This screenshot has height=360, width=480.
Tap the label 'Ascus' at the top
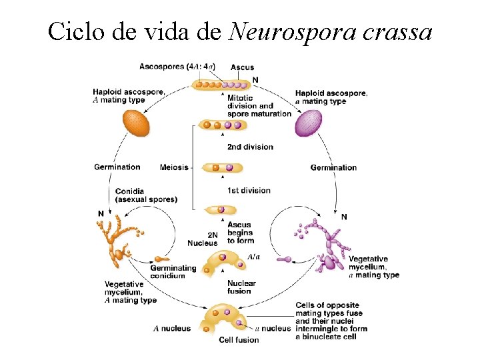click(x=242, y=67)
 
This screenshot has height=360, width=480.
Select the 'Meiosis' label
click(x=174, y=167)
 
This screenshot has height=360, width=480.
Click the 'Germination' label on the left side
click(x=117, y=167)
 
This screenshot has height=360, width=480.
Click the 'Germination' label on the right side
click(x=333, y=167)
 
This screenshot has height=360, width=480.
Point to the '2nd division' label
click(x=250, y=147)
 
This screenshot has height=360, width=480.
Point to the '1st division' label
click(x=249, y=191)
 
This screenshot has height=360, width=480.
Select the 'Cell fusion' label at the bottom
click(x=239, y=340)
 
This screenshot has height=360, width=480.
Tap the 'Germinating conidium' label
click(x=173, y=272)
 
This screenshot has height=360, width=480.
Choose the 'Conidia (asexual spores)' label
click(x=146, y=195)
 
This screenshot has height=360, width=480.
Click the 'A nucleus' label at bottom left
click(x=172, y=328)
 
